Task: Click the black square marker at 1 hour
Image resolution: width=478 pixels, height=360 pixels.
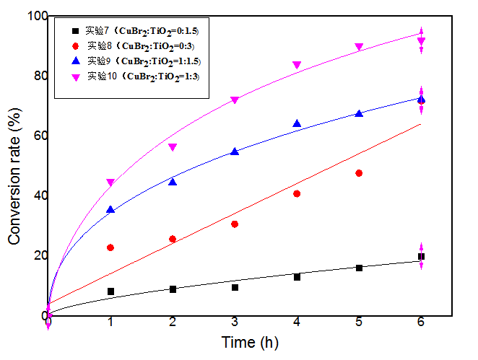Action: pos(110,291)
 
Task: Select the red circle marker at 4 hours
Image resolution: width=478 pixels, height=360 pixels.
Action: pos(297,193)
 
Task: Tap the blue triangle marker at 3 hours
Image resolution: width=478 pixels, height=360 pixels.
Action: pos(235,152)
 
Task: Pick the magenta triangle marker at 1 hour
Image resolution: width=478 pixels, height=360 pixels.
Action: pos(110,183)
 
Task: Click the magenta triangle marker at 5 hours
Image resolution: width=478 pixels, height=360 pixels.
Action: pos(359,47)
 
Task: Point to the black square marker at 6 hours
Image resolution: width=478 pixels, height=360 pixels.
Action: pos(421,257)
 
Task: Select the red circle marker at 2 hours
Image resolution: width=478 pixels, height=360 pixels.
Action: pos(173,239)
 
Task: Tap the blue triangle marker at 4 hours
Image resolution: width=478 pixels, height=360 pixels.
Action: pos(297,124)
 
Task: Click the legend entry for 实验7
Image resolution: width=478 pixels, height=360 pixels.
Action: pos(134,31)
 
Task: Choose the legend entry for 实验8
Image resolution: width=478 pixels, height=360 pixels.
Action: pos(134,45)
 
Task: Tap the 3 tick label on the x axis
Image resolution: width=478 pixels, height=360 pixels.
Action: pos(235,326)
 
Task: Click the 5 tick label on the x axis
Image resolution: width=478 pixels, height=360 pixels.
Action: pos(359,326)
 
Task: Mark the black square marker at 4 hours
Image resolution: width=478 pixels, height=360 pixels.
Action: pos(297,277)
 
